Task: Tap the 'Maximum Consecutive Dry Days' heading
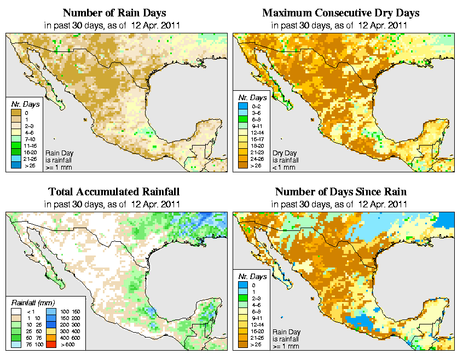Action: click(x=340, y=13)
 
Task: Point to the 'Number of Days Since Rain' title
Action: click(x=340, y=192)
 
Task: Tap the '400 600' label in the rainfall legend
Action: click(x=70, y=338)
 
